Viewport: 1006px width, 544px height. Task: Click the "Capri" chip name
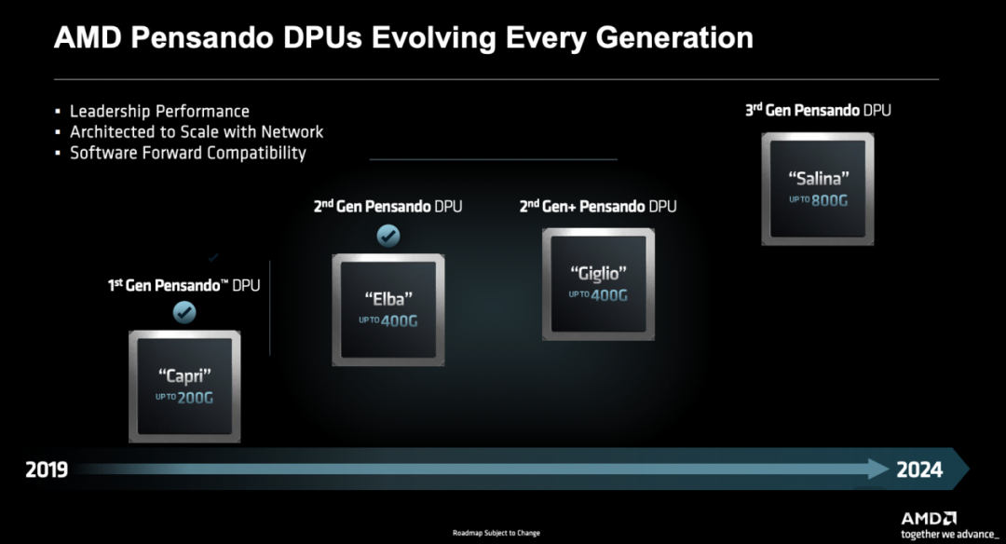click(x=184, y=376)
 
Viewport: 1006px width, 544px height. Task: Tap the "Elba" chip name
click(x=388, y=299)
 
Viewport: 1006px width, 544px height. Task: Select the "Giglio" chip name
click(x=598, y=274)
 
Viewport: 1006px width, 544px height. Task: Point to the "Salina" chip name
click(x=818, y=178)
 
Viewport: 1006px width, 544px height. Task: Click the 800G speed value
click(x=830, y=201)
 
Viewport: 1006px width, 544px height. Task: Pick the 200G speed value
click(x=195, y=398)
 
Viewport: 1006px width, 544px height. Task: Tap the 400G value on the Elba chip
click(x=399, y=320)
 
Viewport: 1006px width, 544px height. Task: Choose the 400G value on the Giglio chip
click(x=609, y=295)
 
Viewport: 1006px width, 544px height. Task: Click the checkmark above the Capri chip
click(x=184, y=312)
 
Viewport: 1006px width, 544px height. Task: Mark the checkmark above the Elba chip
click(x=388, y=236)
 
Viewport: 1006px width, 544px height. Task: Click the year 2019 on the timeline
click(x=47, y=469)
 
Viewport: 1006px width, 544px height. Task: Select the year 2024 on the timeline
click(x=919, y=469)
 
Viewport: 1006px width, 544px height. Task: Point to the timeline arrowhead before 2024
click(x=879, y=469)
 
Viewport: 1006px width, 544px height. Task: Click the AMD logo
click(x=929, y=518)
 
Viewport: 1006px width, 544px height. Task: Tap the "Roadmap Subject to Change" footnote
click(x=496, y=533)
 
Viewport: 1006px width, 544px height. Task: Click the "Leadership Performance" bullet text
click(x=160, y=112)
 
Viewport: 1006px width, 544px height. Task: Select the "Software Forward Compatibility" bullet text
click(x=188, y=154)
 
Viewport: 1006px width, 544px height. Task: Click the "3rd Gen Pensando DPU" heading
click(x=818, y=110)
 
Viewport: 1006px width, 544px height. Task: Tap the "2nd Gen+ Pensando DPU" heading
click(x=598, y=207)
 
